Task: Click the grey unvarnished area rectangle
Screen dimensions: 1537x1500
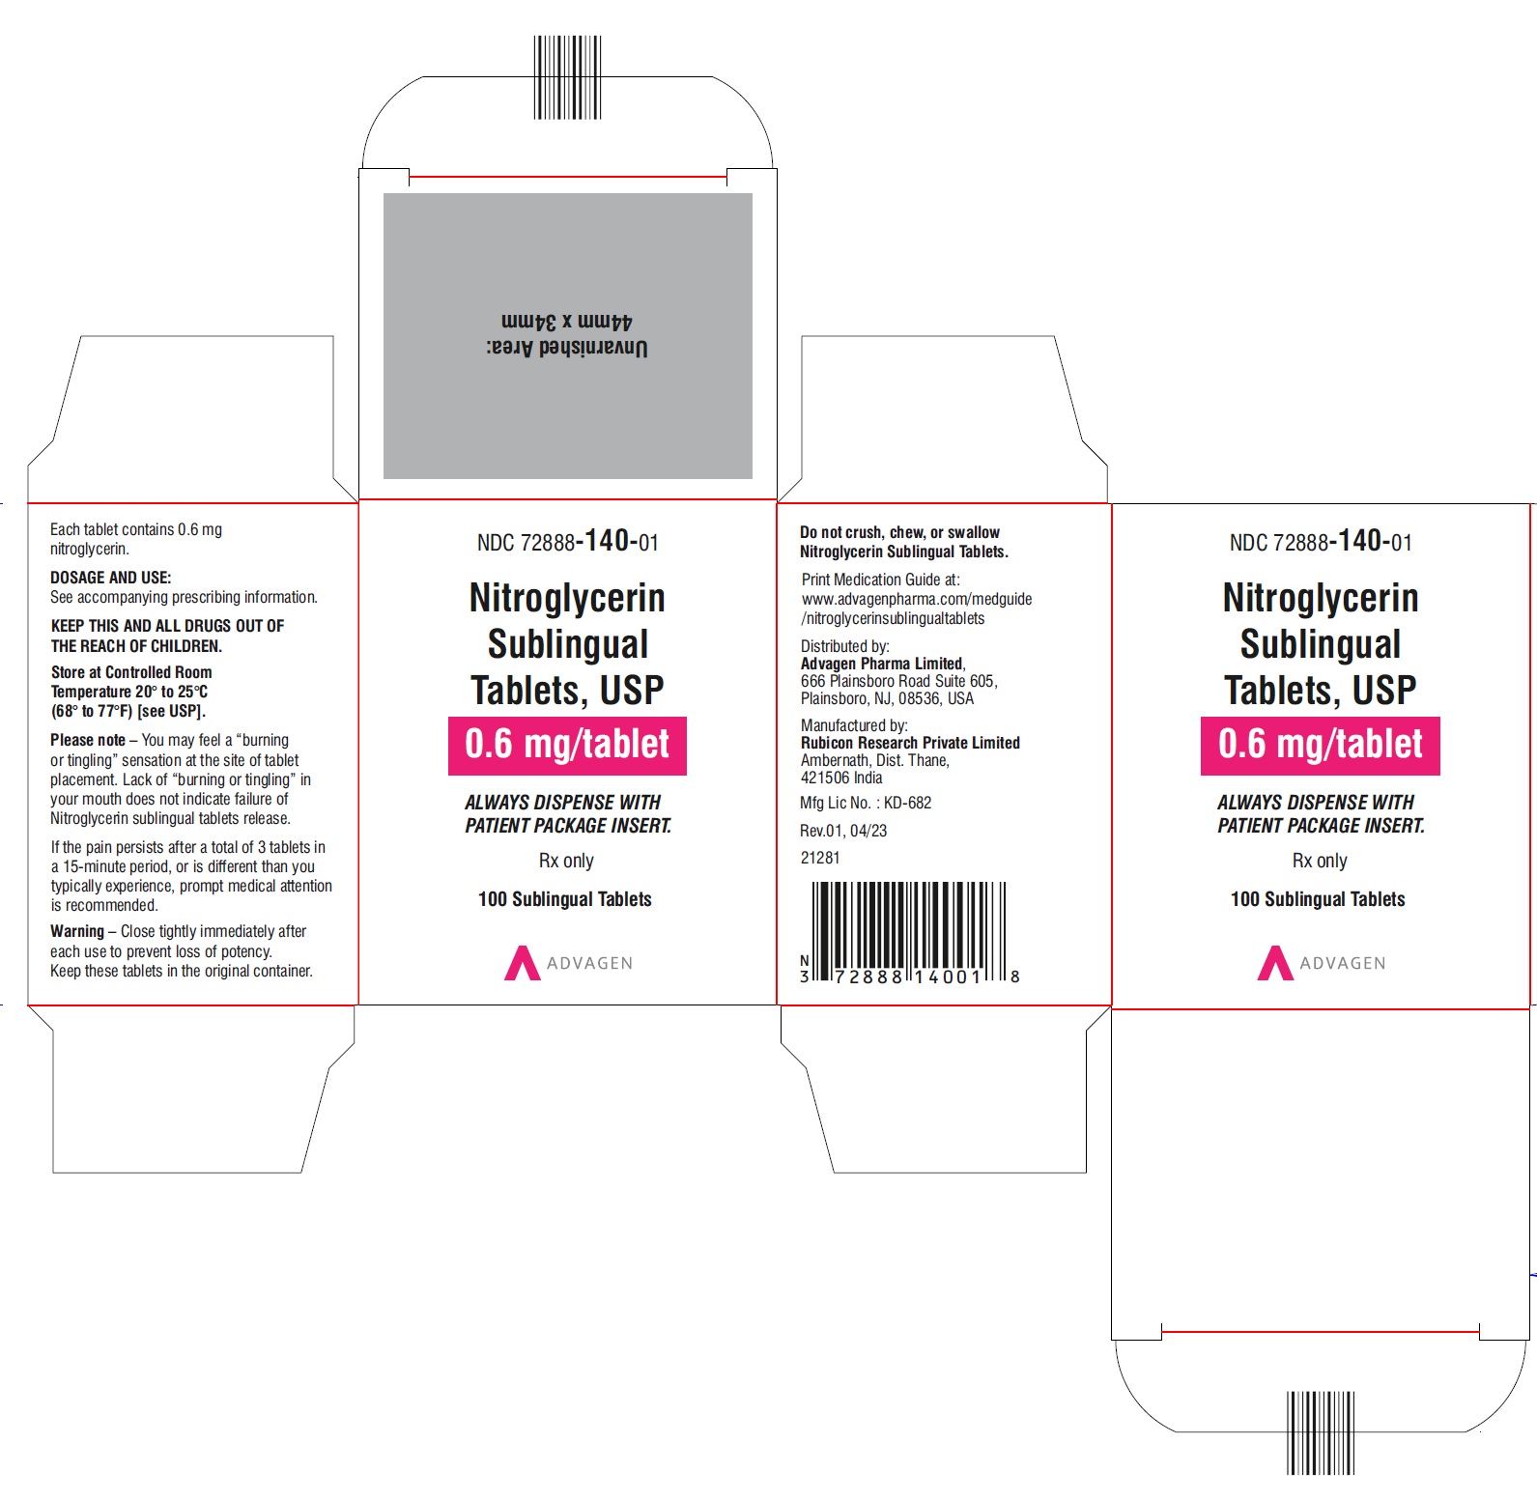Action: (x=568, y=335)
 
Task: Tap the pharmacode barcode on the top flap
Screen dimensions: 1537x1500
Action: (x=567, y=77)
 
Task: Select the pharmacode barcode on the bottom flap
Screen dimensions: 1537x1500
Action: (x=1320, y=1432)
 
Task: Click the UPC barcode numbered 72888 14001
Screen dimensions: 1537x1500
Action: (x=909, y=933)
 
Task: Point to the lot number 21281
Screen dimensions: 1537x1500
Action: (x=820, y=858)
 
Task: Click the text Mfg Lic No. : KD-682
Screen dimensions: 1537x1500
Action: (x=866, y=803)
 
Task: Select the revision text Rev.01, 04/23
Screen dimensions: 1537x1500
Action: (x=843, y=831)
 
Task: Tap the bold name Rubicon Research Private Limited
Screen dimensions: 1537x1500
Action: (x=910, y=743)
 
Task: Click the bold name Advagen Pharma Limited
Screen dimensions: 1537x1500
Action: (x=882, y=664)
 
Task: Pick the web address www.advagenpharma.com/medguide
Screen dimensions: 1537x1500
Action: (x=917, y=599)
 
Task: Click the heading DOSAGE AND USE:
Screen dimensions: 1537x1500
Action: (x=111, y=578)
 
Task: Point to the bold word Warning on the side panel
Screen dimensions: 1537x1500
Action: (x=77, y=931)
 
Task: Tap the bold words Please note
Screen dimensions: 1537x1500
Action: (x=88, y=740)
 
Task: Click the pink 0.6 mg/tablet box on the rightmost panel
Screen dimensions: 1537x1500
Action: (x=1321, y=746)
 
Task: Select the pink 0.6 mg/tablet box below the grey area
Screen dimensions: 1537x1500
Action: (x=567, y=746)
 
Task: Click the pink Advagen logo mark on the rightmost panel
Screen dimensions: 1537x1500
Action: (x=1275, y=963)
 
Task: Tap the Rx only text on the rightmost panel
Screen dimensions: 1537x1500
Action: (x=1320, y=861)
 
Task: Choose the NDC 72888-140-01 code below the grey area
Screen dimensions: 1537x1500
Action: (x=568, y=541)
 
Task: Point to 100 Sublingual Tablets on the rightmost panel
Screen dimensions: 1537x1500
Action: (x=1318, y=899)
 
